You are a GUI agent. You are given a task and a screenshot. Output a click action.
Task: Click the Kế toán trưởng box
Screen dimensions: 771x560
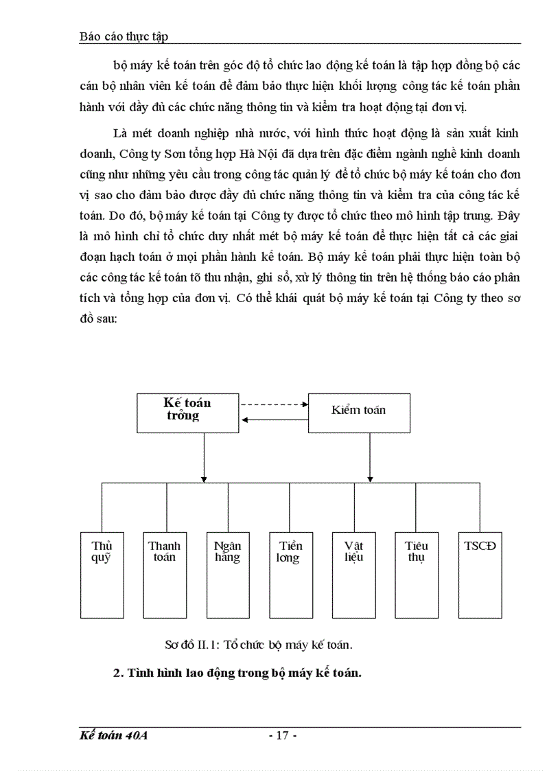point(187,413)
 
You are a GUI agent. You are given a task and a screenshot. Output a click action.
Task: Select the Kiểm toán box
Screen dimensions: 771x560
point(359,413)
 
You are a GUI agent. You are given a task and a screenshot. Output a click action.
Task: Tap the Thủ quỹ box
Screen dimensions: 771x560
point(102,574)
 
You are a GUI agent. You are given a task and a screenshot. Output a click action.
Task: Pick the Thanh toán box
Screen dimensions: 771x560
point(165,574)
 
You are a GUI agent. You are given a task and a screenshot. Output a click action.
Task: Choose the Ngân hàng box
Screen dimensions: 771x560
point(228,574)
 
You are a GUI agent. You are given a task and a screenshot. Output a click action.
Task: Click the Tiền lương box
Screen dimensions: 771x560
point(291,574)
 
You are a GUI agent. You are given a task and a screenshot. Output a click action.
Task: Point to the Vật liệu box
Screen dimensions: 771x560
point(354,574)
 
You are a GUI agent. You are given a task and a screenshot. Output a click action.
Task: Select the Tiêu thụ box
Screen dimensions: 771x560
point(417,574)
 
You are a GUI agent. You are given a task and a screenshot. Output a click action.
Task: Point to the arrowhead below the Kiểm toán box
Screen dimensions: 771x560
point(371,478)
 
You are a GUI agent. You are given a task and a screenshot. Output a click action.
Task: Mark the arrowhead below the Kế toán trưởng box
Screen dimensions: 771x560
point(203,478)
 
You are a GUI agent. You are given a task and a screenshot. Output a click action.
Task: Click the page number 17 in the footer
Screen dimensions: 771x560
point(281,736)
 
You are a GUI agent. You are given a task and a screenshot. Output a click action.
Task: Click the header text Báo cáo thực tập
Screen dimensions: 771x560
point(124,37)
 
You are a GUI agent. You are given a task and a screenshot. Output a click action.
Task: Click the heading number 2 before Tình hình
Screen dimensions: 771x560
point(117,673)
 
